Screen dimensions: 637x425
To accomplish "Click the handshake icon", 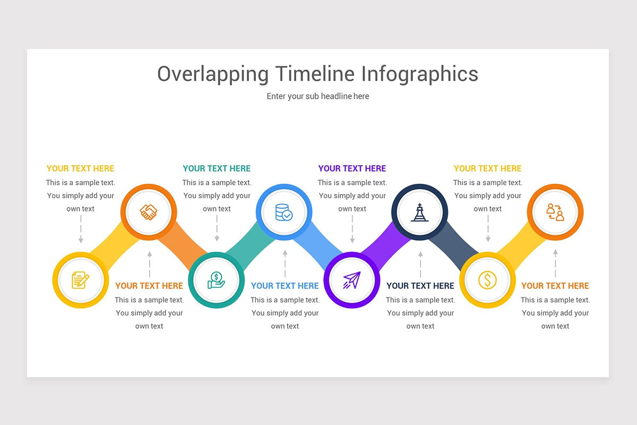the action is [x=149, y=212].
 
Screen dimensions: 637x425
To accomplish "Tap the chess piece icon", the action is [x=420, y=212].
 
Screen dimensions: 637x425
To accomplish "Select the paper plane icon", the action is [x=352, y=280].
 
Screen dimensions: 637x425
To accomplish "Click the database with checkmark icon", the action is [x=284, y=212].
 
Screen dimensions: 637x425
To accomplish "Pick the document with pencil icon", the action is [x=81, y=280].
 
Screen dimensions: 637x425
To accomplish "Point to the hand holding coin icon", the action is [x=216, y=280].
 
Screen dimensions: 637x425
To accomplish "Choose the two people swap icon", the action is [x=555, y=212].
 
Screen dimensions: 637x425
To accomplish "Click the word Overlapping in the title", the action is [x=213, y=74].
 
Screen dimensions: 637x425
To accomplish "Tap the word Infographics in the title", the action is [x=420, y=74].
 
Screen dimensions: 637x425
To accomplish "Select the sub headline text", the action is [x=318, y=96].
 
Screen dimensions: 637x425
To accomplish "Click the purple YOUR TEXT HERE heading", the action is [x=352, y=168].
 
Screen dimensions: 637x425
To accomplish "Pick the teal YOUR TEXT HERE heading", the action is [x=217, y=168].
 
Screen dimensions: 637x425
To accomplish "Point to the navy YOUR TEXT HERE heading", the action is [x=420, y=286].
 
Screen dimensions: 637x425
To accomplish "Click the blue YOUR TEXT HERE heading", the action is [x=285, y=286].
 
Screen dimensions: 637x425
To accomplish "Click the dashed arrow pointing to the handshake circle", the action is [x=150, y=265].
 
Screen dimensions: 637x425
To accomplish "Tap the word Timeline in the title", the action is [x=315, y=74].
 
